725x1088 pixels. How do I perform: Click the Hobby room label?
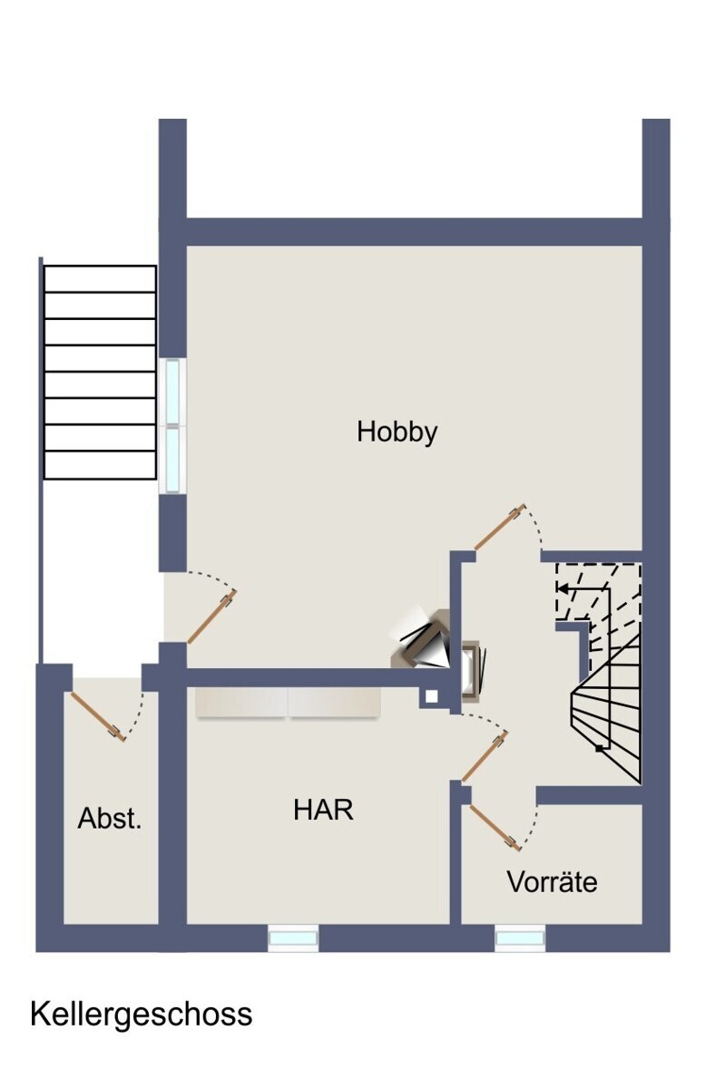coord(397,432)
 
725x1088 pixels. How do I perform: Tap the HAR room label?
coord(323,810)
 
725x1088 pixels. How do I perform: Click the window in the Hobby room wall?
coord(172,426)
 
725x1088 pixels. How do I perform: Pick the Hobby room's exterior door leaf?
coord(212,617)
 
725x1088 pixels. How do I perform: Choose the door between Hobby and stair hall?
coord(500,527)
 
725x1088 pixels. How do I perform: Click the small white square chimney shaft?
coord(431,696)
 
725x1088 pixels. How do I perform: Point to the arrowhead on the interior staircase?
coord(563,588)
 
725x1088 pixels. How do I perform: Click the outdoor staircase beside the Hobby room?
coord(100,372)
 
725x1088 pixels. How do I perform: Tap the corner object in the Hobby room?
coord(420,637)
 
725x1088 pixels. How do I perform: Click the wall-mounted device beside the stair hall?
coord(474,671)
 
